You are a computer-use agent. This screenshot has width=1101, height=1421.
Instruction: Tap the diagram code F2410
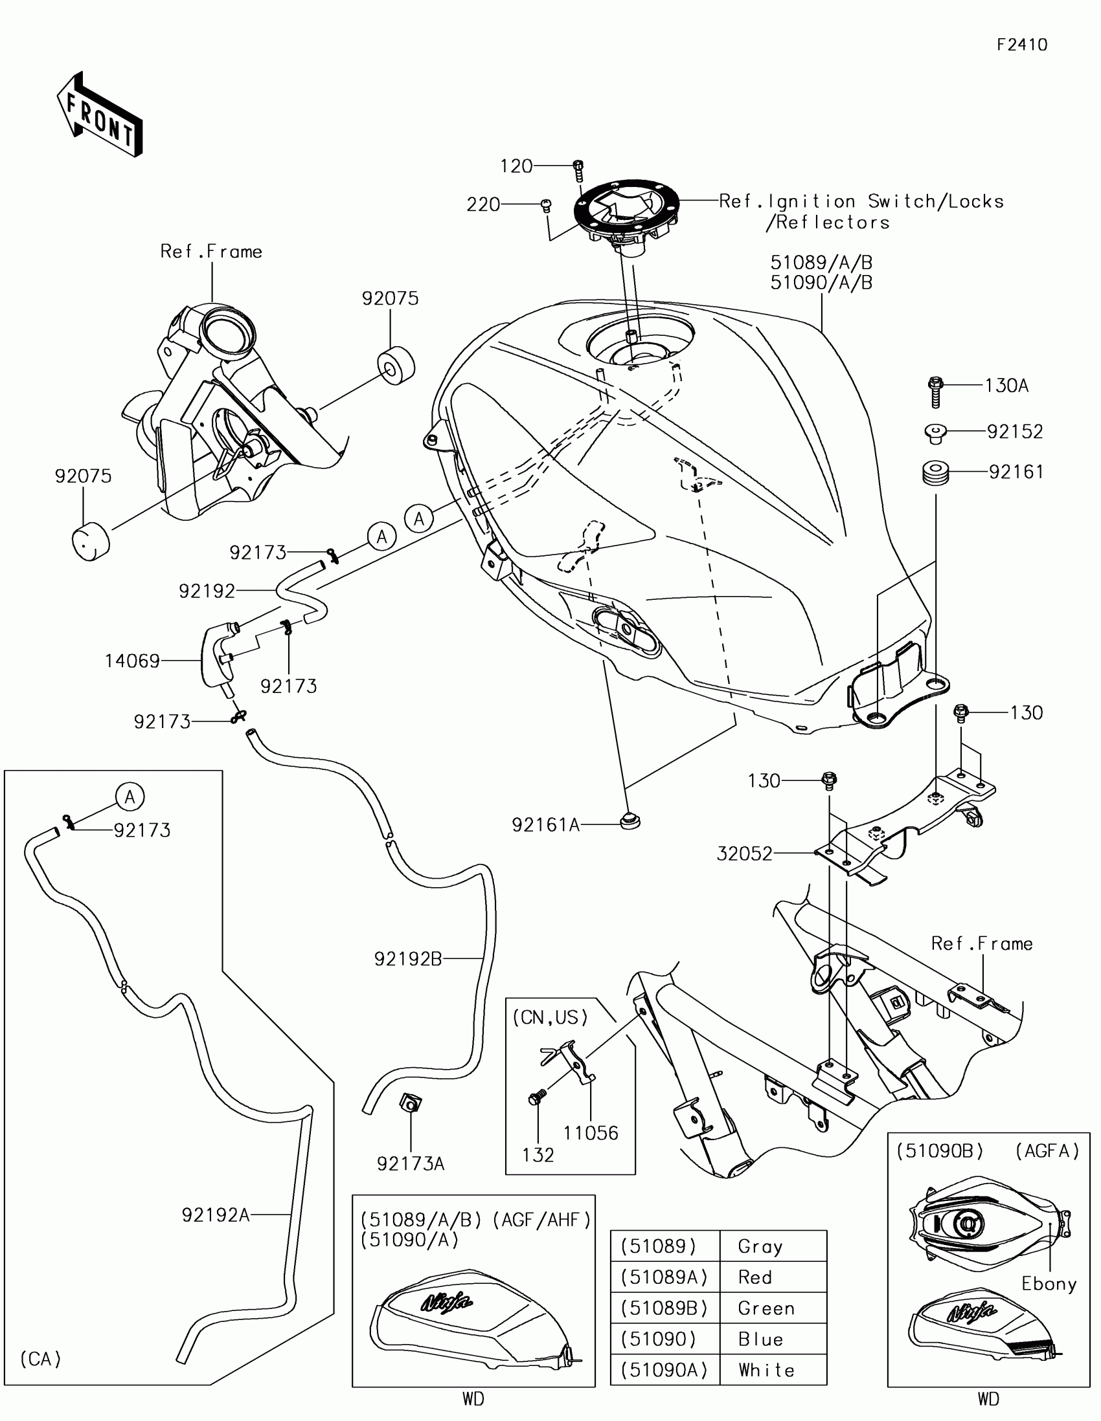tap(1021, 45)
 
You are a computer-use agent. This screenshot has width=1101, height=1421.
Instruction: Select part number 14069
tap(132, 661)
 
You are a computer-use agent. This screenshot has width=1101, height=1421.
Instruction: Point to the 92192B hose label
tap(408, 958)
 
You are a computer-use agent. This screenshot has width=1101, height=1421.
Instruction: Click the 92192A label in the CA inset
tap(216, 1215)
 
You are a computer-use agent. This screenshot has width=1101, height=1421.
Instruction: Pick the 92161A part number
tap(545, 825)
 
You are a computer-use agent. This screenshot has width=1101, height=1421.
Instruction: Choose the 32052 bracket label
tap(744, 854)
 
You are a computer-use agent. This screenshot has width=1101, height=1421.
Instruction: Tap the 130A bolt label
tap(1006, 386)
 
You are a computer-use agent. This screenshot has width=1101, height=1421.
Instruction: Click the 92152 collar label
tap(1014, 432)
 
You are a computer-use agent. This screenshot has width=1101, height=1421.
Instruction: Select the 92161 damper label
tap(1016, 472)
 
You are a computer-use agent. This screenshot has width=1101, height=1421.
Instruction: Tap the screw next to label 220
tap(546, 206)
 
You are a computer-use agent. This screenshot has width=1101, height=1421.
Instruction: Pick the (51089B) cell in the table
tap(664, 1308)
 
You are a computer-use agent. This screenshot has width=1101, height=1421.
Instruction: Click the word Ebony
tap(1049, 1284)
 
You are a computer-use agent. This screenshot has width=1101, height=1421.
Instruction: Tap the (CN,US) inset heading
tap(550, 1018)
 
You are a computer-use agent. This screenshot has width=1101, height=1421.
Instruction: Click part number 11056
tap(591, 1133)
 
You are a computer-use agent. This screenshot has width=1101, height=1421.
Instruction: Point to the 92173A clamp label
tap(410, 1163)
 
